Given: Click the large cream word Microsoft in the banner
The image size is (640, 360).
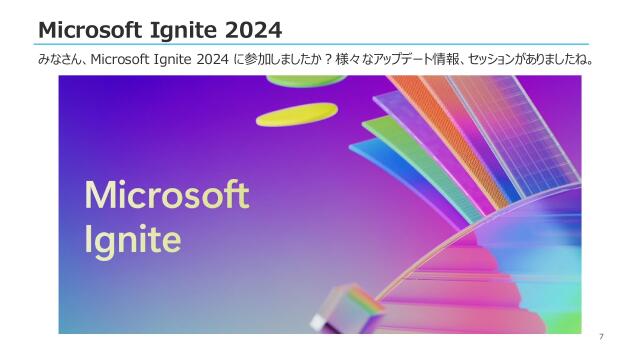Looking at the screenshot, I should [166, 194].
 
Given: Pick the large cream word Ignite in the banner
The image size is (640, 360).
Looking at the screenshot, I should [133, 239].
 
